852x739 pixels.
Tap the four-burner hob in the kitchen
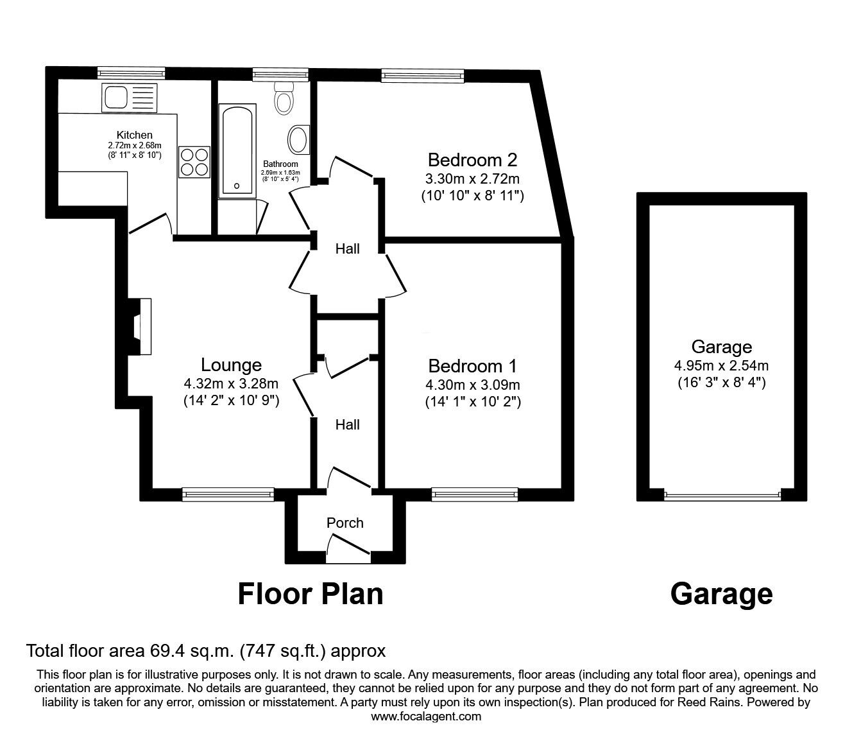(194, 161)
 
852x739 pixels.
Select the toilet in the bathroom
(283, 98)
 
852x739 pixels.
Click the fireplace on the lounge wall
(141, 326)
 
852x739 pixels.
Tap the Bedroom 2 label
(472, 159)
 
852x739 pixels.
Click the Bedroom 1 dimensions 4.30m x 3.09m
(472, 385)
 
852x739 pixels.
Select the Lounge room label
(231, 365)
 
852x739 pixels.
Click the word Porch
(345, 523)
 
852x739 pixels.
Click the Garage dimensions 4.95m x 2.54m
(721, 366)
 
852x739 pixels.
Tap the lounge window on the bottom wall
(228, 494)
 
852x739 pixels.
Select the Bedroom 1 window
(474, 494)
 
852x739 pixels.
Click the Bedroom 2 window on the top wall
(422, 76)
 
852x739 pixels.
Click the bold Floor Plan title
(311, 594)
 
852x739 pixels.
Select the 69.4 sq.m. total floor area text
(205, 651)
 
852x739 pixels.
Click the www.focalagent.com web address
(426, 717)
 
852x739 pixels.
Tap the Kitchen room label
(134, 135)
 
